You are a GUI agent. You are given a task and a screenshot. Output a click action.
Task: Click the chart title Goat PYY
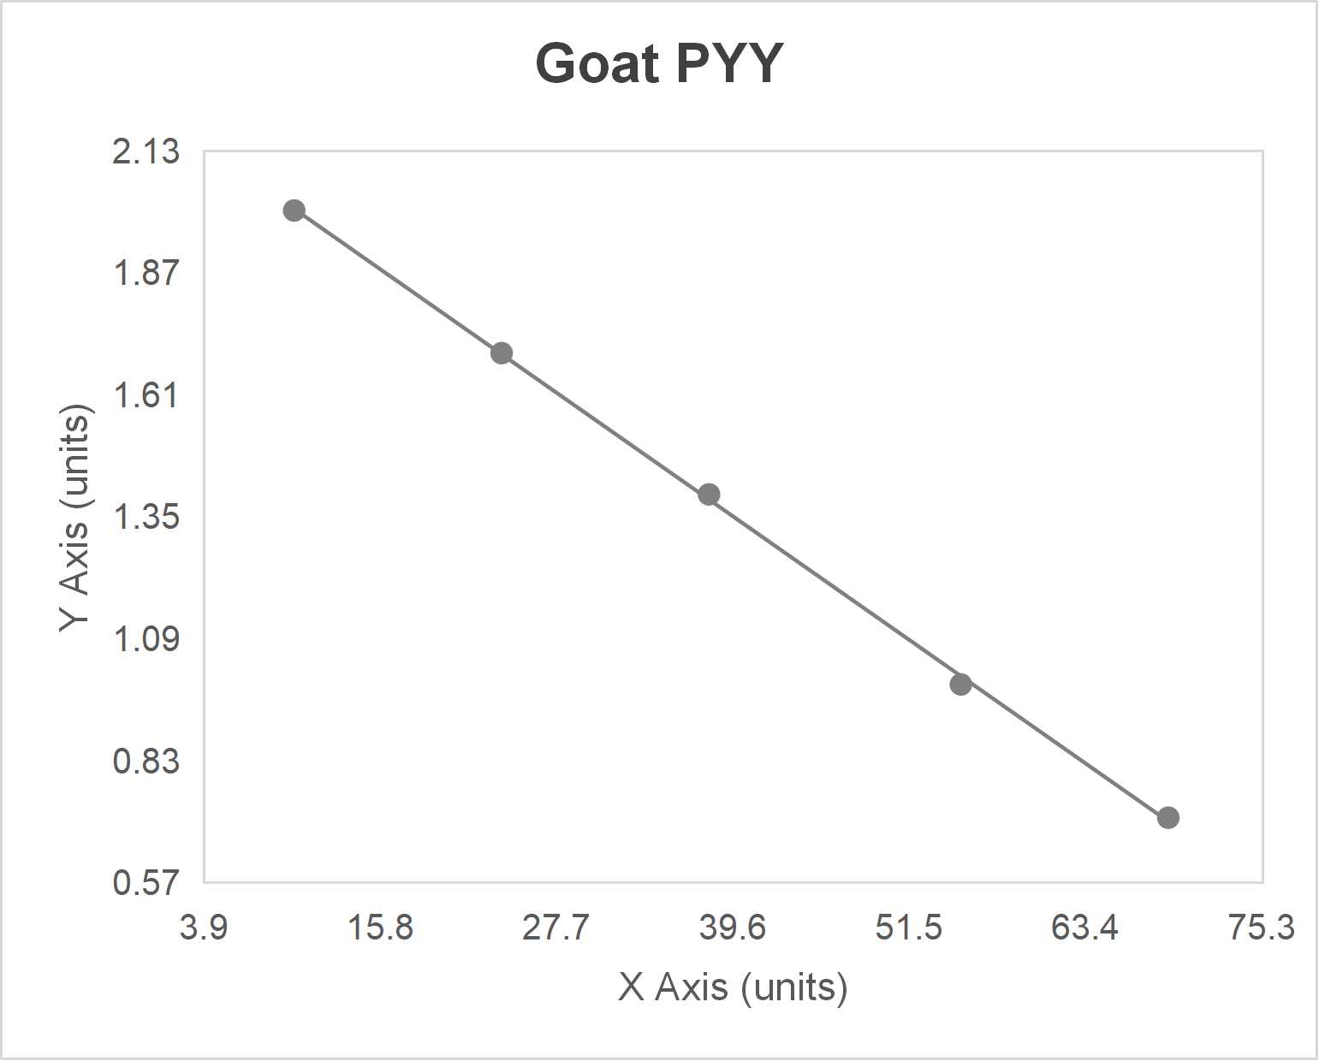[659, 63]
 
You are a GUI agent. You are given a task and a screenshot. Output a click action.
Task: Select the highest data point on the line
[294, 210]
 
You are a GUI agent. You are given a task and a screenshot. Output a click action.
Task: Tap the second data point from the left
[502, 353]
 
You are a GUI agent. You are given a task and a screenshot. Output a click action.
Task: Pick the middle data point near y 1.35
[709, 495]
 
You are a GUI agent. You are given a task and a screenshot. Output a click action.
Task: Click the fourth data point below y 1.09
[960, 684]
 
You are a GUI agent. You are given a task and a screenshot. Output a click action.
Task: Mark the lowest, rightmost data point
[1167, 818]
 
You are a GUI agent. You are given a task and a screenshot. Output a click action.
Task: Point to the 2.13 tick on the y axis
[146, 151]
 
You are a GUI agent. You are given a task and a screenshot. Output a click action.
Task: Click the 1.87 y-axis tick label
[146, 274]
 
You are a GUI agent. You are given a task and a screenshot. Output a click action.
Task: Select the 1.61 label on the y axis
[146, 395]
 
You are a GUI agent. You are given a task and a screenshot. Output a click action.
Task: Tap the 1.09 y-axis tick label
[146, 639]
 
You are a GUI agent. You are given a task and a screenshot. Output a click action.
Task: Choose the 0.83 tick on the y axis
[146, 761]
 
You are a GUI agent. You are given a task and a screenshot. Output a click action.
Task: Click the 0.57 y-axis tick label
[146, 883]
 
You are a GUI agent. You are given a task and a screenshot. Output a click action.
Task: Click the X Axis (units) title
[733, 987]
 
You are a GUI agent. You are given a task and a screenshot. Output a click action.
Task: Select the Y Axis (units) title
[75, 518]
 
